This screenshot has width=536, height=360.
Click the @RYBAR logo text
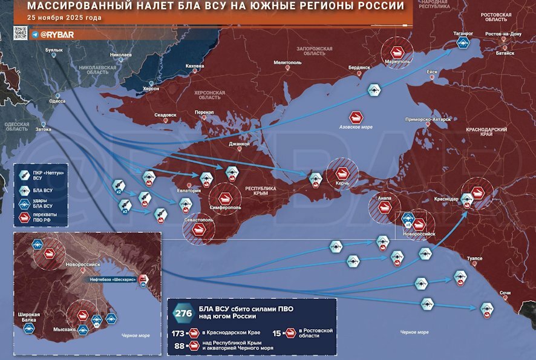click(57, 34)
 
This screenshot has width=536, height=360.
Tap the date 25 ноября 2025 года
click(65, 18)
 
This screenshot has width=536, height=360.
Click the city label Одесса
click(57, 102)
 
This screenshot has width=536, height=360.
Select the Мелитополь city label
click(287, 62)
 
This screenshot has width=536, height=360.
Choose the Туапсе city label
click(475, 258)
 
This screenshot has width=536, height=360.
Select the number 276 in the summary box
click(183, 313)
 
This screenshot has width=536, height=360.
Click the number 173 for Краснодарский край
click(178, 333)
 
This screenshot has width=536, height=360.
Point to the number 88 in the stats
click(180, 346)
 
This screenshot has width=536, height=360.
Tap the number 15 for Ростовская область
click(276, 333)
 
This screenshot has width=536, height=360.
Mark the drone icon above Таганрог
click(464, 43)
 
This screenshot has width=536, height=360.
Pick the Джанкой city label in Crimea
click(239, 144)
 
